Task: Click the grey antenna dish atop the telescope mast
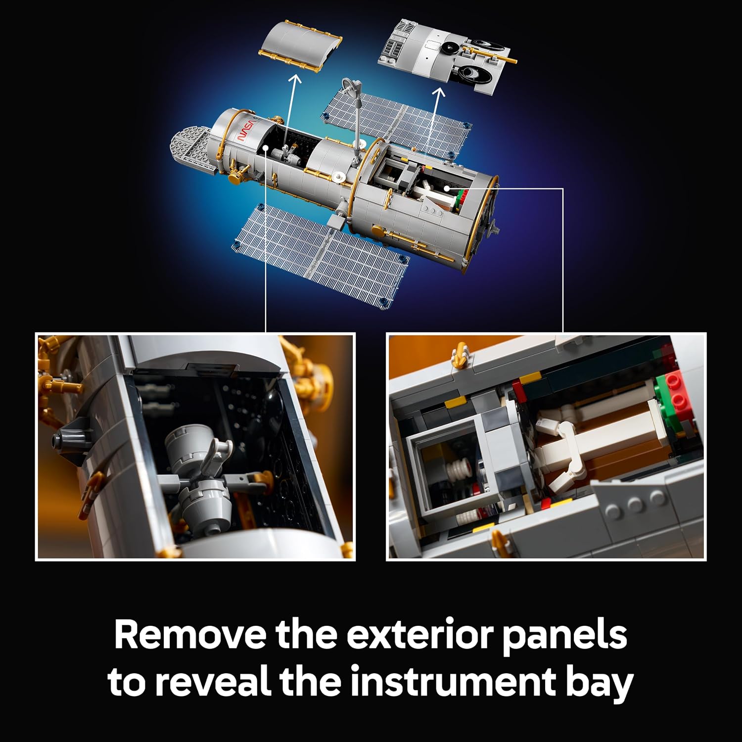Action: [x=352, y=85]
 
